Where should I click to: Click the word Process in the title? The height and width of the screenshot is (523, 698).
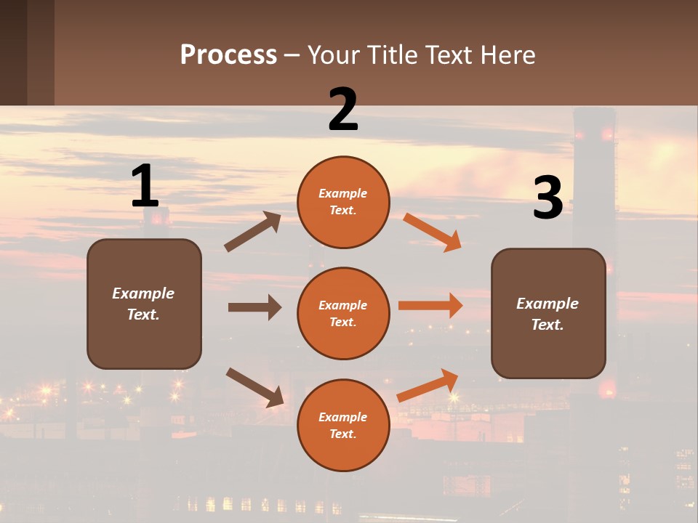click(228, 55)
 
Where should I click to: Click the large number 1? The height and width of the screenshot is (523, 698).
click(145, 187)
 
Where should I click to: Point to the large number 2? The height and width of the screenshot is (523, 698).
click(343, 110)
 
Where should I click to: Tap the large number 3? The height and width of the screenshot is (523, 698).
click(547, 198)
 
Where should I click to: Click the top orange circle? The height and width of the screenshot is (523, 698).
click(343, 202)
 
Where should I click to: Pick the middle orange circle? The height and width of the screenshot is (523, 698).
click(343, 314)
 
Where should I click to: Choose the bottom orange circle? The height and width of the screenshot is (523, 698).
click(343, 426)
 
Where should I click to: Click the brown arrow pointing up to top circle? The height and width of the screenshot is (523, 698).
click(253, 232)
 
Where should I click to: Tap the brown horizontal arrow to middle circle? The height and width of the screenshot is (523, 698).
click(254, 307)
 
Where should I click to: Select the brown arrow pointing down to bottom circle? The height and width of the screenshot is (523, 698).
click(254, 386)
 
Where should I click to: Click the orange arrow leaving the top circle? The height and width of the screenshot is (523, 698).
click(433, 232)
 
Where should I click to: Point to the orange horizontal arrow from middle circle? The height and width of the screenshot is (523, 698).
click(430, 306)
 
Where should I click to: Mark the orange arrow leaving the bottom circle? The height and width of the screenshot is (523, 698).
click(428, 385)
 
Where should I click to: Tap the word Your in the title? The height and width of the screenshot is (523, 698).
click(334, 55)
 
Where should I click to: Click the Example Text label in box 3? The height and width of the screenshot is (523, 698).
click(547, 314)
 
